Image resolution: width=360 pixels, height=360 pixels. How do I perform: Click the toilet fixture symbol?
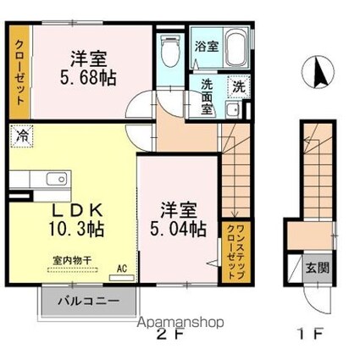coord(170,51)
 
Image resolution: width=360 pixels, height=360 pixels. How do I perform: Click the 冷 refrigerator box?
coord(21,135)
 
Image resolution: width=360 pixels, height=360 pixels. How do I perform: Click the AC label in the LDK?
coord(121,269)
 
